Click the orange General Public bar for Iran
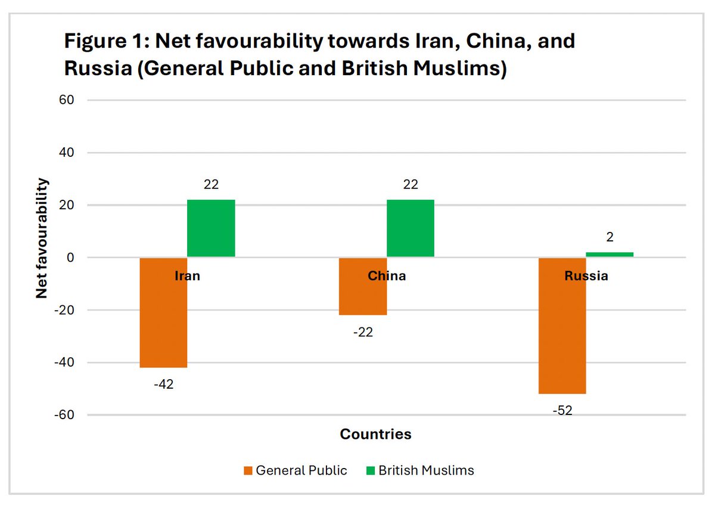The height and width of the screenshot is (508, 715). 163,322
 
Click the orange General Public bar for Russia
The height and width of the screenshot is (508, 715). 562,334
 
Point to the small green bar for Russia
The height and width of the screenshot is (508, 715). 610,255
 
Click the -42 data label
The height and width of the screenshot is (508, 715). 163,385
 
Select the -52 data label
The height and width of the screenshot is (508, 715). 562,411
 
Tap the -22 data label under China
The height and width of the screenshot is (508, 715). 363,332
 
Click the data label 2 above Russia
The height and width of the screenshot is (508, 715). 610,237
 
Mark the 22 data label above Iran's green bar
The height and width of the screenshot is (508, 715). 211,185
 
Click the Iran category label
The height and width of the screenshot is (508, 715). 187,276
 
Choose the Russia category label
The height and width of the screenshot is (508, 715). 586,276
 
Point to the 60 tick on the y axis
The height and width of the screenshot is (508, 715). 66,100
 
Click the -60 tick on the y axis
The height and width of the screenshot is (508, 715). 63,415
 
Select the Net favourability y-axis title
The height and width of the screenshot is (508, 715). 42,238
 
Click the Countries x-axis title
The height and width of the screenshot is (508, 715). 375,434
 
